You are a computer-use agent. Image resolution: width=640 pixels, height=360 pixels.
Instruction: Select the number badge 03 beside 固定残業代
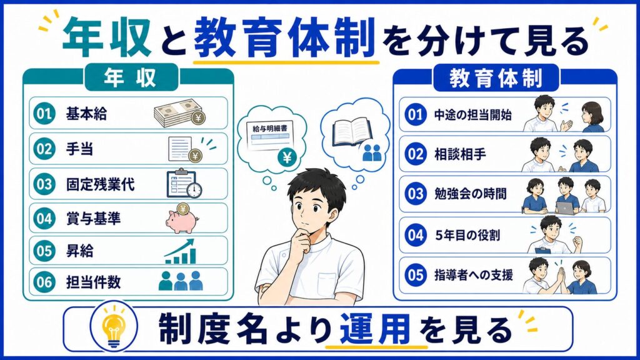tap(44, 184)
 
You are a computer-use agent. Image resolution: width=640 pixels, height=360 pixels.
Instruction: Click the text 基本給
tap(86, 114)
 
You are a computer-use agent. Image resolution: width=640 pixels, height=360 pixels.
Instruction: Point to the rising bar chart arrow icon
tap(180, 251)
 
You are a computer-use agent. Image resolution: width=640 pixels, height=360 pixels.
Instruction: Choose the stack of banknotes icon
tap(179, 114)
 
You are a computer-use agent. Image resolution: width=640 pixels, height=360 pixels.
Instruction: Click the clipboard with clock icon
tap(184, 184)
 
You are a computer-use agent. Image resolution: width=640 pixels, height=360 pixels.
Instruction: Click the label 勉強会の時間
tap(470, 194)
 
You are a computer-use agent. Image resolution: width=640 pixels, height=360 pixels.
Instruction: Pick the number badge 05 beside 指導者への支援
tap(416, 275)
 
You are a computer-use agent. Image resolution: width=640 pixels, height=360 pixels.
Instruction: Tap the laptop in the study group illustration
tap(565, 207)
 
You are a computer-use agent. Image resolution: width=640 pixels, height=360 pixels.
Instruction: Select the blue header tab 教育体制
tap(496, 78)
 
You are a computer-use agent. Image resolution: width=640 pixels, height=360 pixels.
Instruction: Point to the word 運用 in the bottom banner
tap(375, 329)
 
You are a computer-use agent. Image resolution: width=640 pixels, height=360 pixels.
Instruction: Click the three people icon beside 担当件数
tap(181, 281)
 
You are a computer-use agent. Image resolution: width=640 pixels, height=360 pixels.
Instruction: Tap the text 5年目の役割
tap(467, 235)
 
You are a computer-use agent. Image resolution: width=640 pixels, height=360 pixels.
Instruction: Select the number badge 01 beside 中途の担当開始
tap(416, 114)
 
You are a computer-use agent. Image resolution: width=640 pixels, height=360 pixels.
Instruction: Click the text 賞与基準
tap(94, 219)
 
